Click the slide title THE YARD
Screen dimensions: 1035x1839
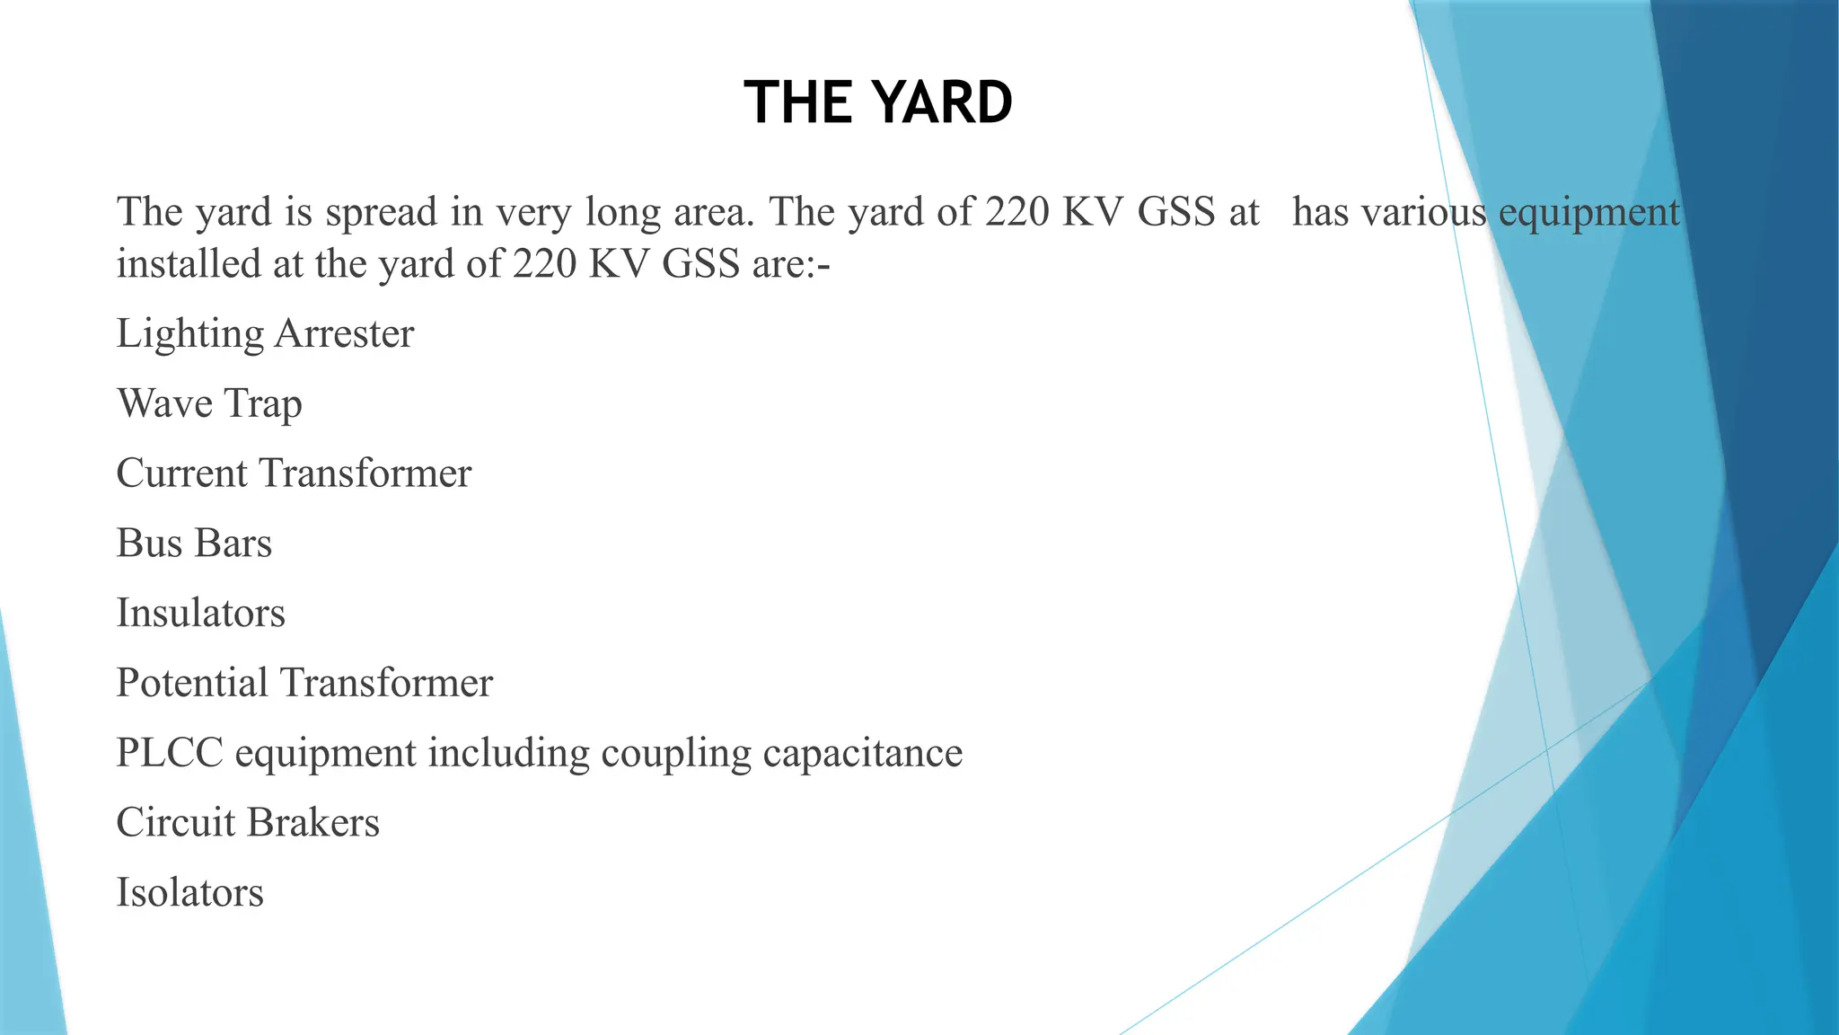pos(878,102)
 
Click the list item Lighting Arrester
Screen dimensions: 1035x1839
pos(265,333)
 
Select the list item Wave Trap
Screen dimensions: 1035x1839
pos(209,403)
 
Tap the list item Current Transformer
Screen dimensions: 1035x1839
pos(294,473)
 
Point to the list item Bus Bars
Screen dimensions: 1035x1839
pos(194,544)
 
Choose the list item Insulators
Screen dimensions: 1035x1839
pos(201,614)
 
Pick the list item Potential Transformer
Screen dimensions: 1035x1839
pos(304,683)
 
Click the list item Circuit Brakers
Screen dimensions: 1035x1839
pos(248,823)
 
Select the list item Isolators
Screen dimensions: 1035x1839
pos(190,893)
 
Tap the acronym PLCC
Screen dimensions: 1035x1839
pos(170,753)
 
